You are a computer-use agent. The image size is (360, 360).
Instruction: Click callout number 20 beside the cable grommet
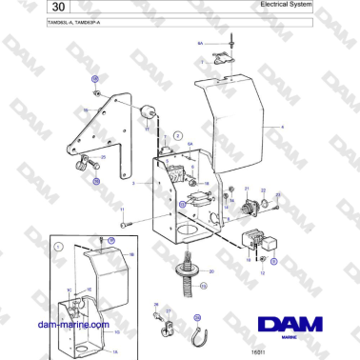211,273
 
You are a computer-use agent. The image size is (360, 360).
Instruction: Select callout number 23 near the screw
277,195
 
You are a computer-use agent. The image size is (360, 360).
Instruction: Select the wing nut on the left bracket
94,168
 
